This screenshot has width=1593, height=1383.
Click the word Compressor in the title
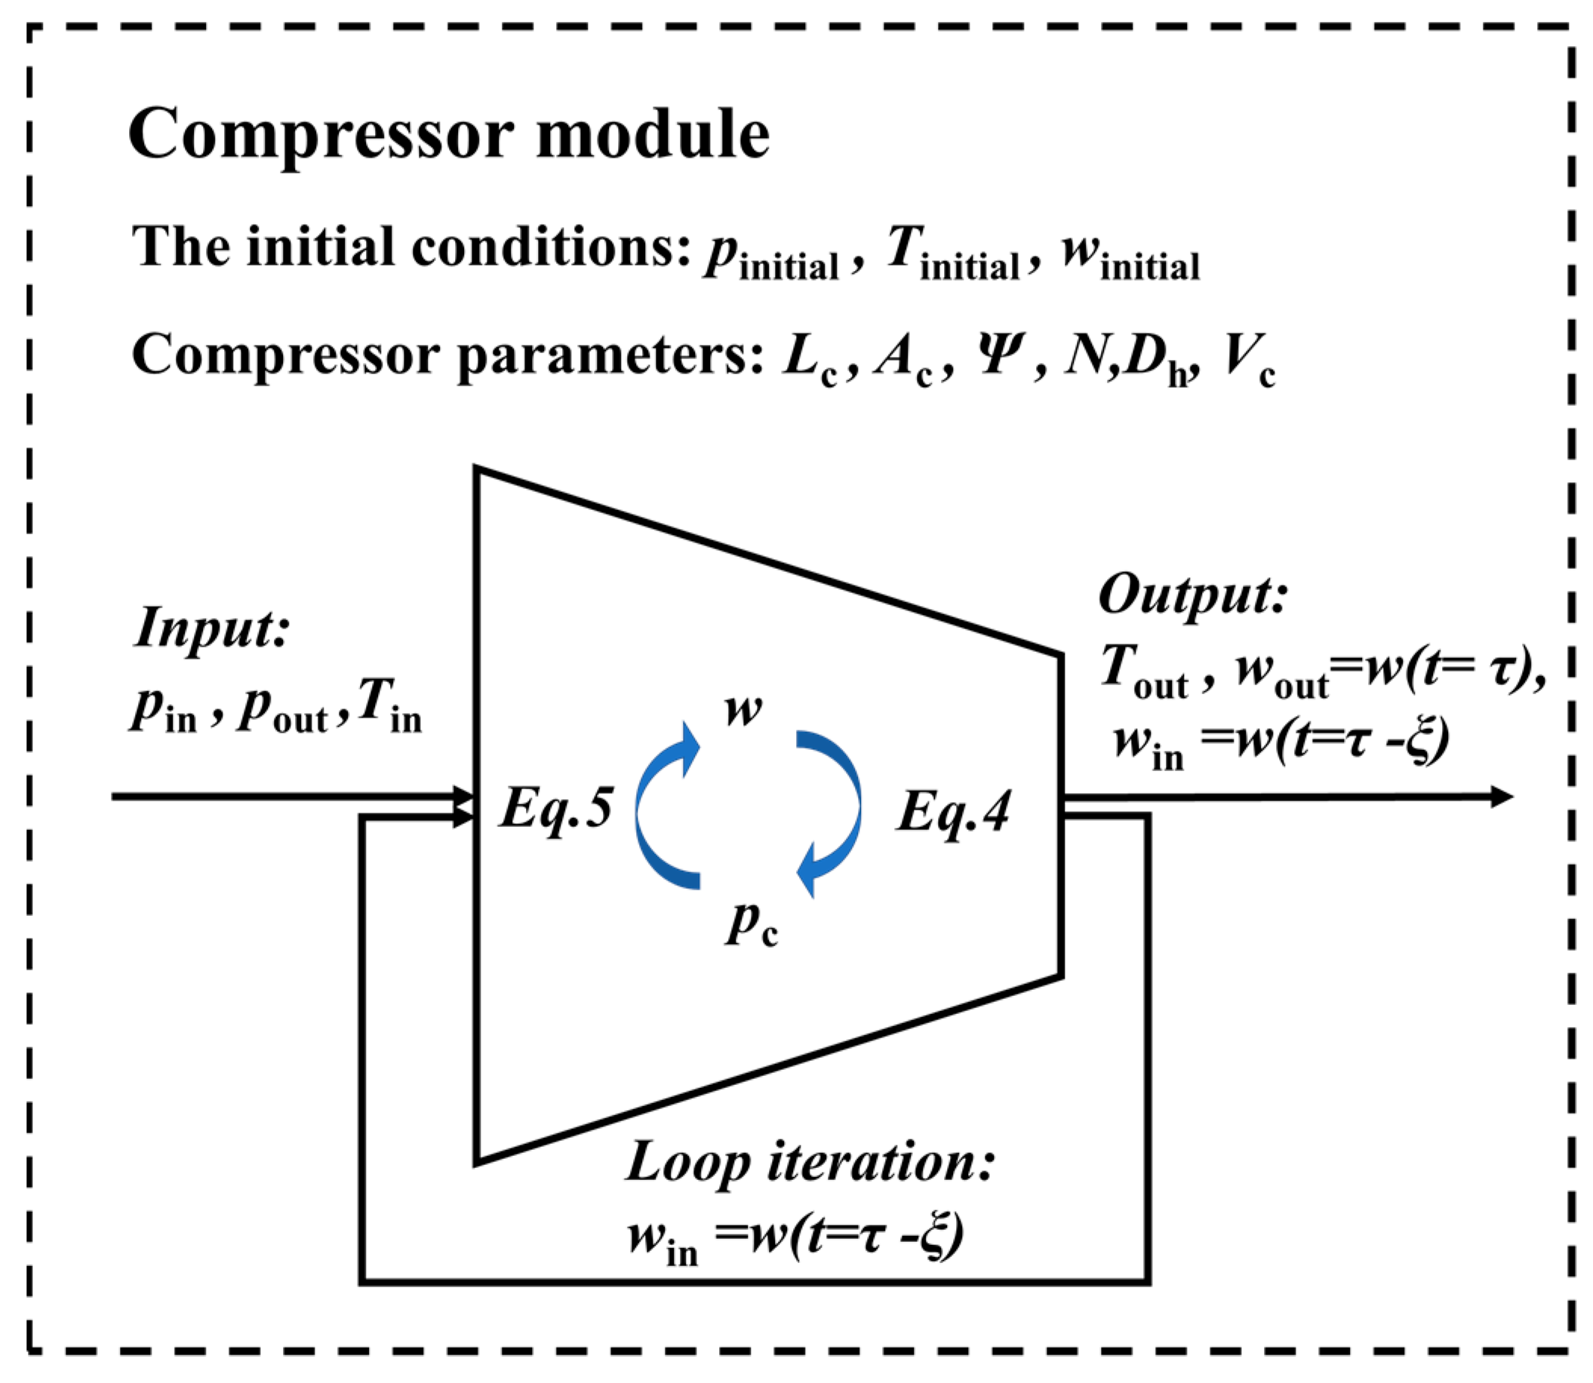coord(320,135)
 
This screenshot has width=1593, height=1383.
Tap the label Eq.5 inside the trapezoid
coord(555,810)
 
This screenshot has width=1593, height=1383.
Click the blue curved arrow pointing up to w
coord(664,807)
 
